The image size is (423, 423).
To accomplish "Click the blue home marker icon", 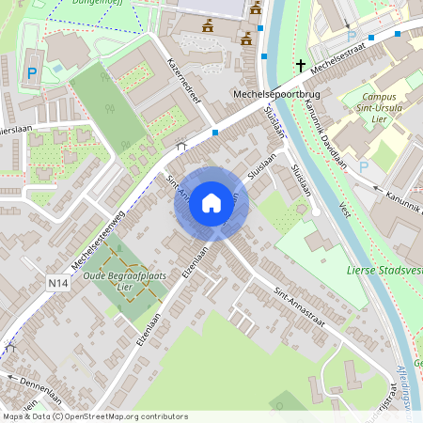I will click(211, 203).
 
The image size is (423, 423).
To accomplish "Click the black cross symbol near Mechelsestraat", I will click(301, 66).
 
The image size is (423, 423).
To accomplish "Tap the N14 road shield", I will click(57, 280).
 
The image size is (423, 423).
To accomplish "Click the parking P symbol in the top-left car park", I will click(32, 72).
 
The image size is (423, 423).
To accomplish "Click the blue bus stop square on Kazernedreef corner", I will click(215, 133).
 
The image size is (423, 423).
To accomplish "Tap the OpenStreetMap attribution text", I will click(94, 416).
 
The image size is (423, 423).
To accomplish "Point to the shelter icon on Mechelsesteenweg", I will click(181, 146).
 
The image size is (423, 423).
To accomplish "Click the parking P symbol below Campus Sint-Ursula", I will click(365, 166).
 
